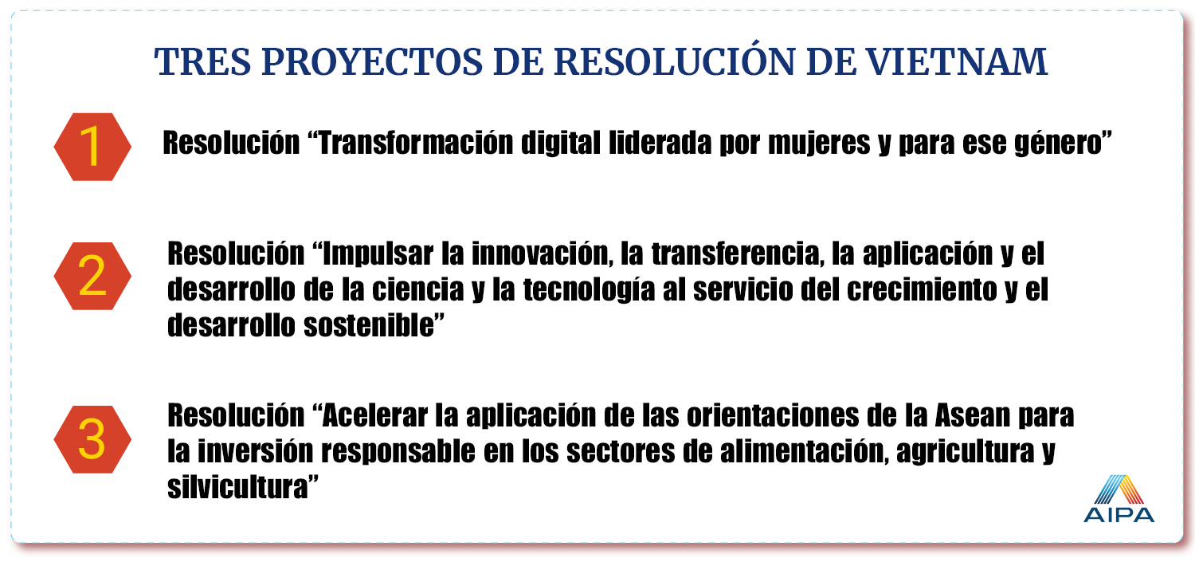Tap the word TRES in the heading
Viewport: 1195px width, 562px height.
(202, 62)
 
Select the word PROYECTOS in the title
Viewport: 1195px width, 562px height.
(372, 62)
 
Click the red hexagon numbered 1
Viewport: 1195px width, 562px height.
(92, 147)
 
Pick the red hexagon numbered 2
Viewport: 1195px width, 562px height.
(92, 276)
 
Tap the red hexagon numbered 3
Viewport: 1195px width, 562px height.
(92, 439)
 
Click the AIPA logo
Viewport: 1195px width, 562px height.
(1119, 498)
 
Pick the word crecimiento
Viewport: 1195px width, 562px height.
(922, 289)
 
